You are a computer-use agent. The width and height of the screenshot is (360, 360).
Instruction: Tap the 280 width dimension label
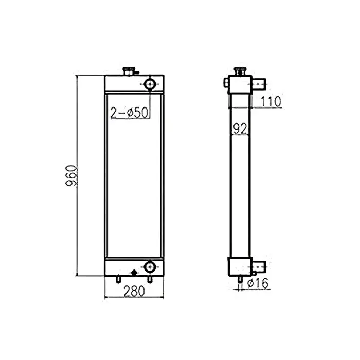tap(134, 291)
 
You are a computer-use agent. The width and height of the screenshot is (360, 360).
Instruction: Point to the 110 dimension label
tap(270, 102)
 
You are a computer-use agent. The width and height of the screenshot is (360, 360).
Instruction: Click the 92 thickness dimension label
tap(239, 129)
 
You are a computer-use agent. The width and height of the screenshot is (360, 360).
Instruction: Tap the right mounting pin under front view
tap(150, 278)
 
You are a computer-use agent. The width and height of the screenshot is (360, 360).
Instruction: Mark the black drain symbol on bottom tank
tap(134, 271)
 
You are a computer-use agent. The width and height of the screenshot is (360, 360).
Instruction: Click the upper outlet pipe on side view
tap(260, 82)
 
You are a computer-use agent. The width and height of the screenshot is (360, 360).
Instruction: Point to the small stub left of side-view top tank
tap(226, 82)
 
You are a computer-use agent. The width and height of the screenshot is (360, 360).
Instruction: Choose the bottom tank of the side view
tap(239, 266)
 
